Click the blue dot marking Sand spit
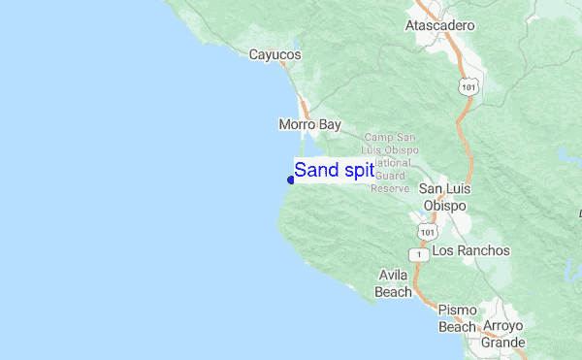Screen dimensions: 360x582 pos(291,180)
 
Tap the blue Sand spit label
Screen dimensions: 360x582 pos(334,171)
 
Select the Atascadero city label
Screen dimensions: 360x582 pos(439,25)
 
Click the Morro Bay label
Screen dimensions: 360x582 pos(309,124)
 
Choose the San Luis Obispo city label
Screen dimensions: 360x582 pos(444,197)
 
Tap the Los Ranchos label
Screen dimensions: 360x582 pos(470,250)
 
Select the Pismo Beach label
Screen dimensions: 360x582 pos(457,318)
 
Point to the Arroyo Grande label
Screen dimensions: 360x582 pos(501,334)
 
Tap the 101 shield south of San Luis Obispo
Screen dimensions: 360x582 pos(427,233)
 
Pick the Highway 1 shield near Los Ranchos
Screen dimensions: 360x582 pos(418,253)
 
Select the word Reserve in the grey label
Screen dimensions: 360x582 pos(390,188)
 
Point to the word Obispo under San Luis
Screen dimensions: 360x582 pos(444,207)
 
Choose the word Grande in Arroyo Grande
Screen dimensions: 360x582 pos(501,343)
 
